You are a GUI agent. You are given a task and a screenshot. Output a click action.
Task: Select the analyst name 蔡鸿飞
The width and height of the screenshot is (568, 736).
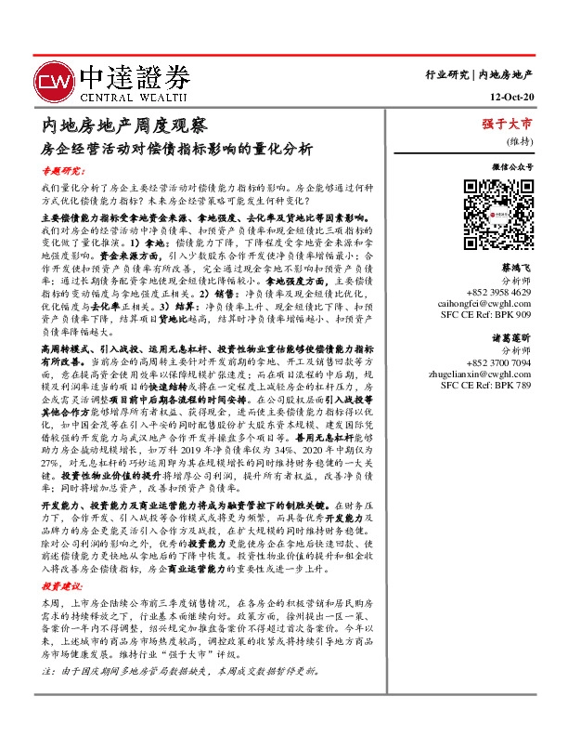[x=516, y=267]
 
